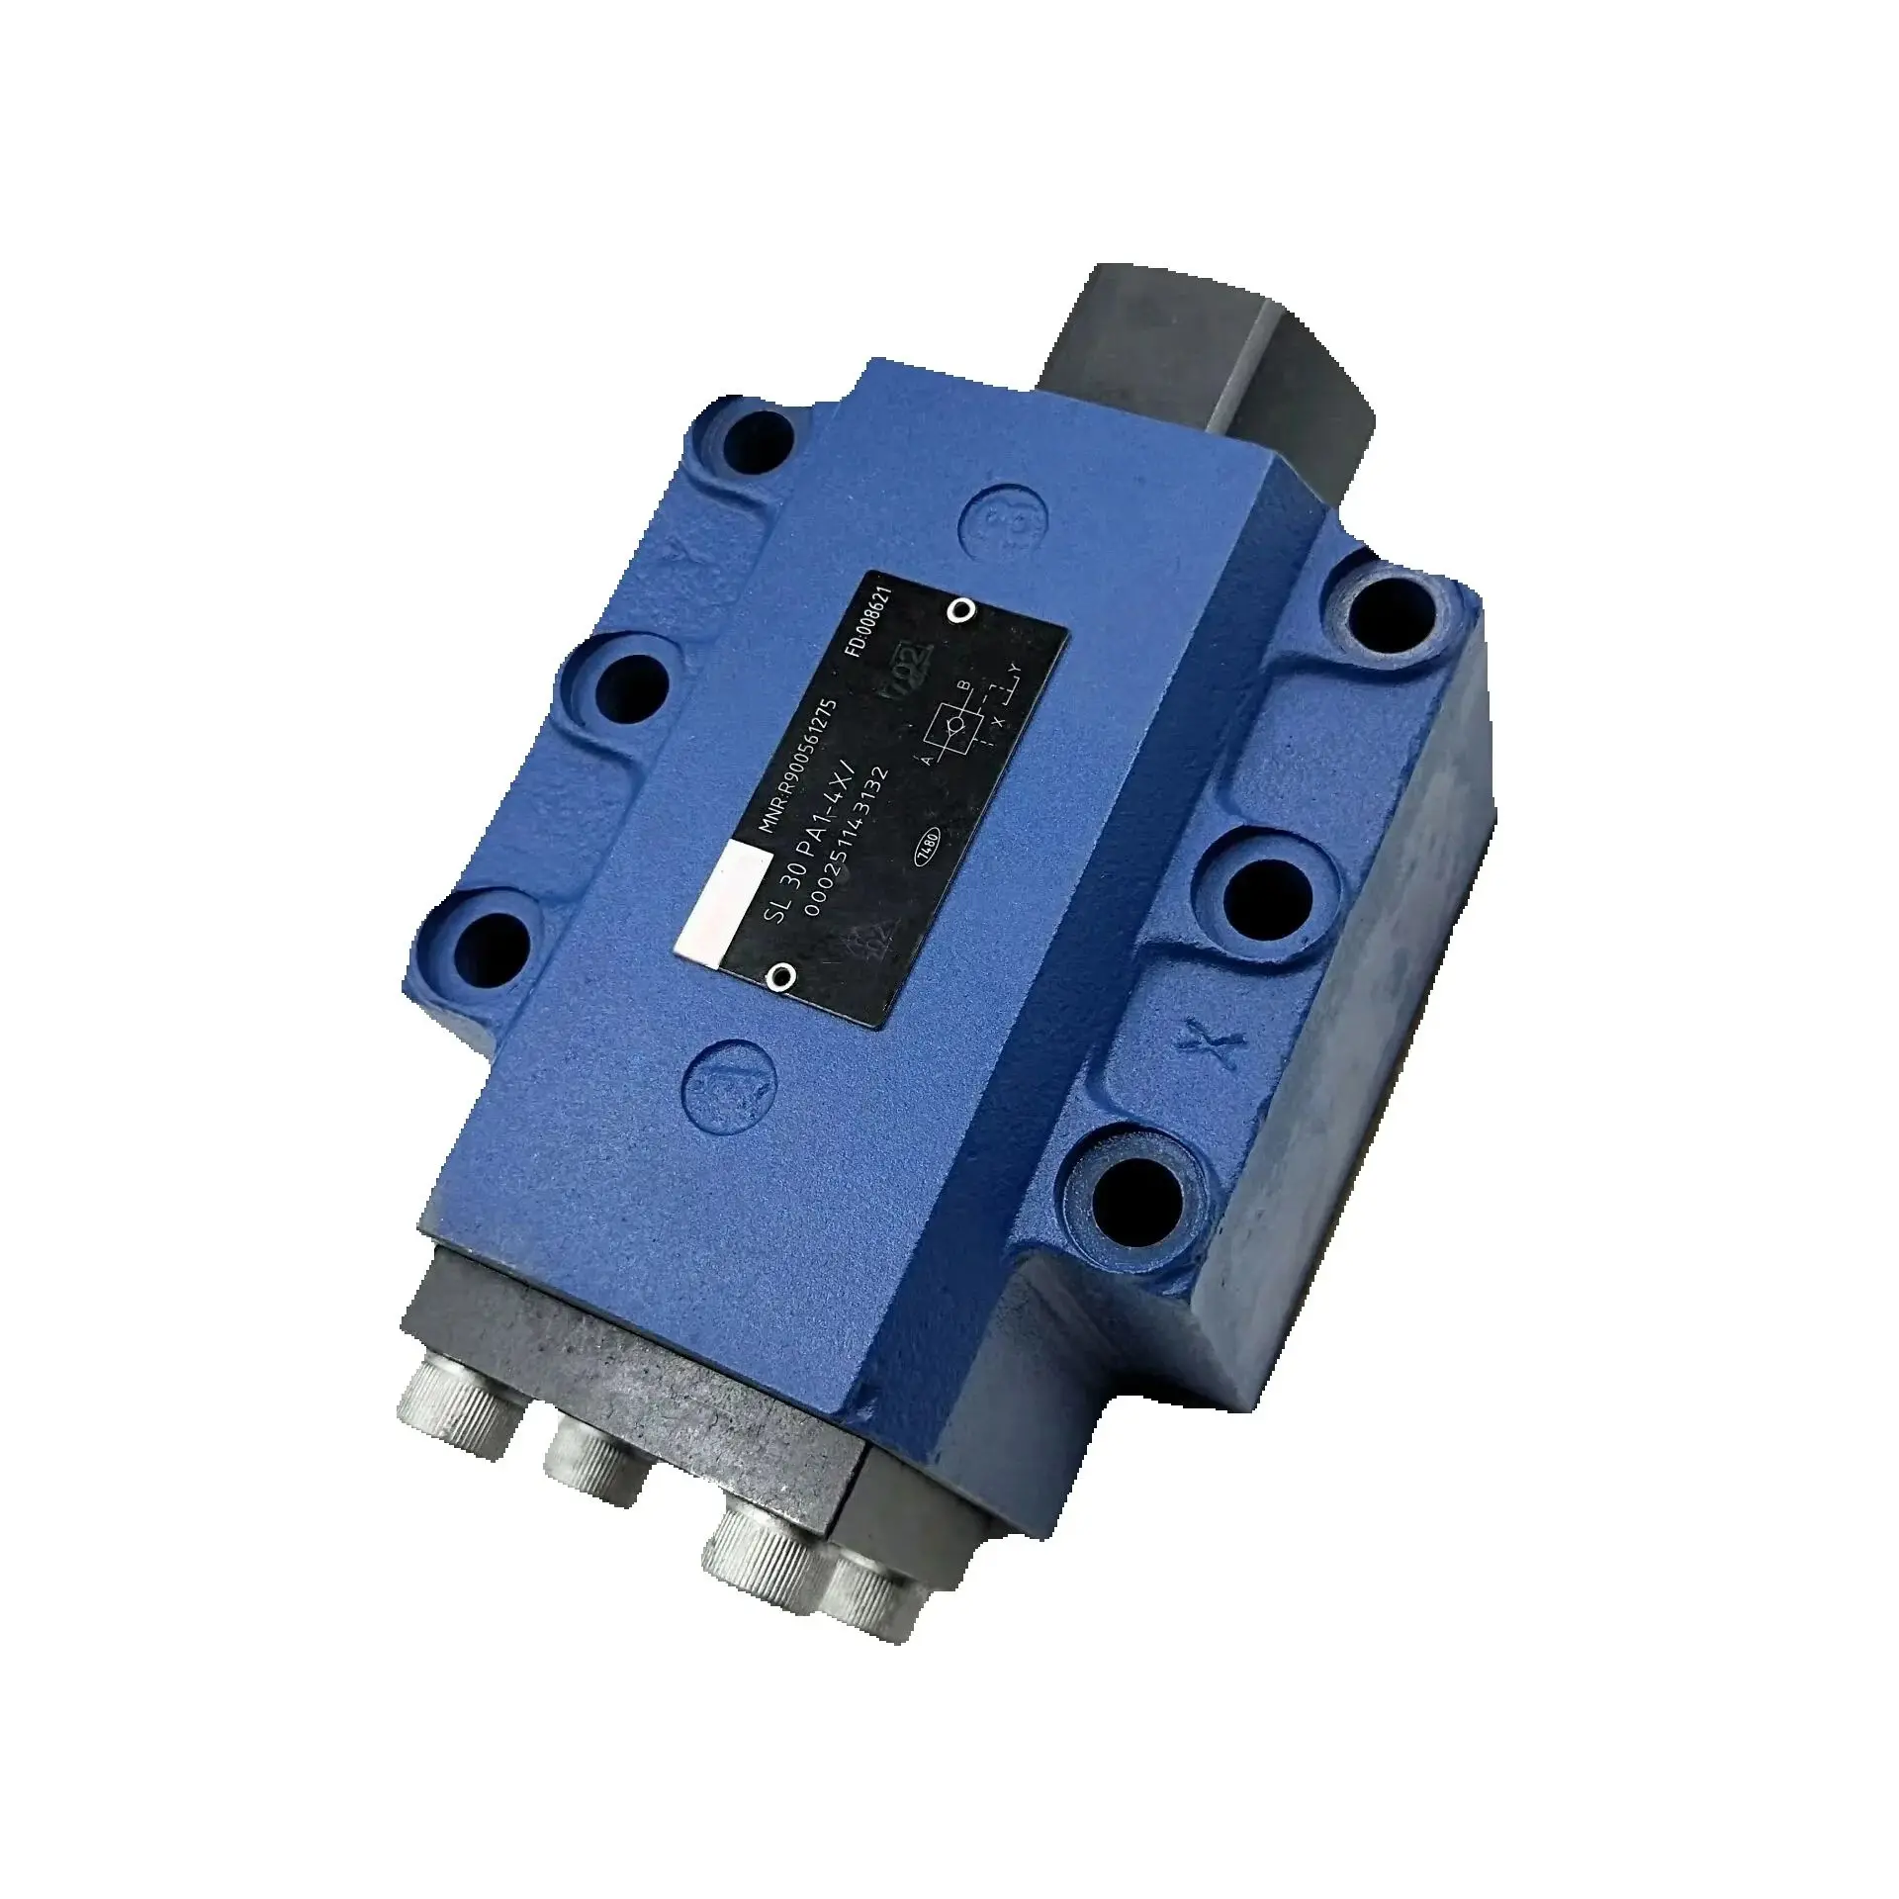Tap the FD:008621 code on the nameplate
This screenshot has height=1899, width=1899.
click(869, 615)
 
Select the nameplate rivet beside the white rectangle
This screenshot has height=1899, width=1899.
click(782, 977)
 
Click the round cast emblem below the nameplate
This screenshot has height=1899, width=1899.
click(733, 1087)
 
